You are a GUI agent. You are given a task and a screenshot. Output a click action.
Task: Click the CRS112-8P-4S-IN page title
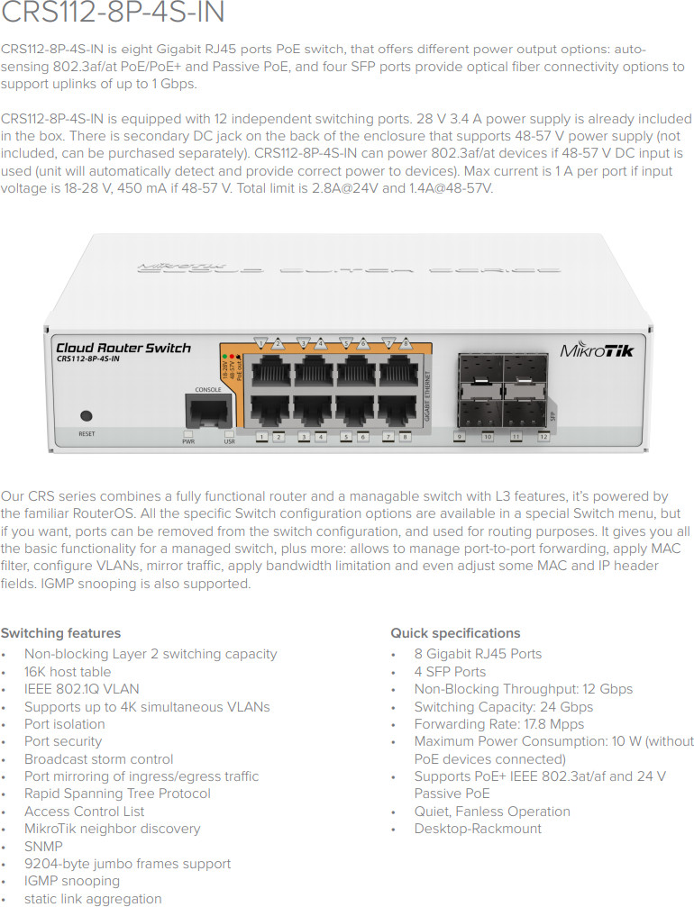tap(113, 12)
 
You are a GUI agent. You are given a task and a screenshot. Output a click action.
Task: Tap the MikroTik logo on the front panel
tap(597, 350)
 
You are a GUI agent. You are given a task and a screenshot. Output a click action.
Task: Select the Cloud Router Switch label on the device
tap(123, 348)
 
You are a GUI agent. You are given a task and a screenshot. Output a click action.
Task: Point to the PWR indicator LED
tap(188, 433)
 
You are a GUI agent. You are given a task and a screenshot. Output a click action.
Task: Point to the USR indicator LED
tap(229, 433)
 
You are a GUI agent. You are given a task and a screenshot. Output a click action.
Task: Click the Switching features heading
tap(60, 633)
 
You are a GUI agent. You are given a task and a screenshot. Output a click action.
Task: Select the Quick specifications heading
tap(455, 633)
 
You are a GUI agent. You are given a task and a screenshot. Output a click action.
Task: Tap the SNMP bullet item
tap(43, 846)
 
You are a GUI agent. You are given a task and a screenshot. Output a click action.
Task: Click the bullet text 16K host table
tap(68, 672)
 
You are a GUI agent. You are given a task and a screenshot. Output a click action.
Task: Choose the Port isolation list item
tap(65, 723)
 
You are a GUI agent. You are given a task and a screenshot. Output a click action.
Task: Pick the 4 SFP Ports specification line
tap(450, 672)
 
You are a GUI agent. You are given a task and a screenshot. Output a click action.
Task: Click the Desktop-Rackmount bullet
tap(478, 829)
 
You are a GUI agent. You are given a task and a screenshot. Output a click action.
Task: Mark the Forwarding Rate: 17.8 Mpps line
tap(499, 723)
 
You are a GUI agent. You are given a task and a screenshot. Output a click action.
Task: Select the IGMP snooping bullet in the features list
tap(72, 881)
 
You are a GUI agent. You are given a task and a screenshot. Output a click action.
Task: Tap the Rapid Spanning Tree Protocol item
tap(117, 794)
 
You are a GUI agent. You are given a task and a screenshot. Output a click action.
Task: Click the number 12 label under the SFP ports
tap(543, 437)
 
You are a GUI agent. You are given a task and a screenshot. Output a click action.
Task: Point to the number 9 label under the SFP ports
tap(460, 437)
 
